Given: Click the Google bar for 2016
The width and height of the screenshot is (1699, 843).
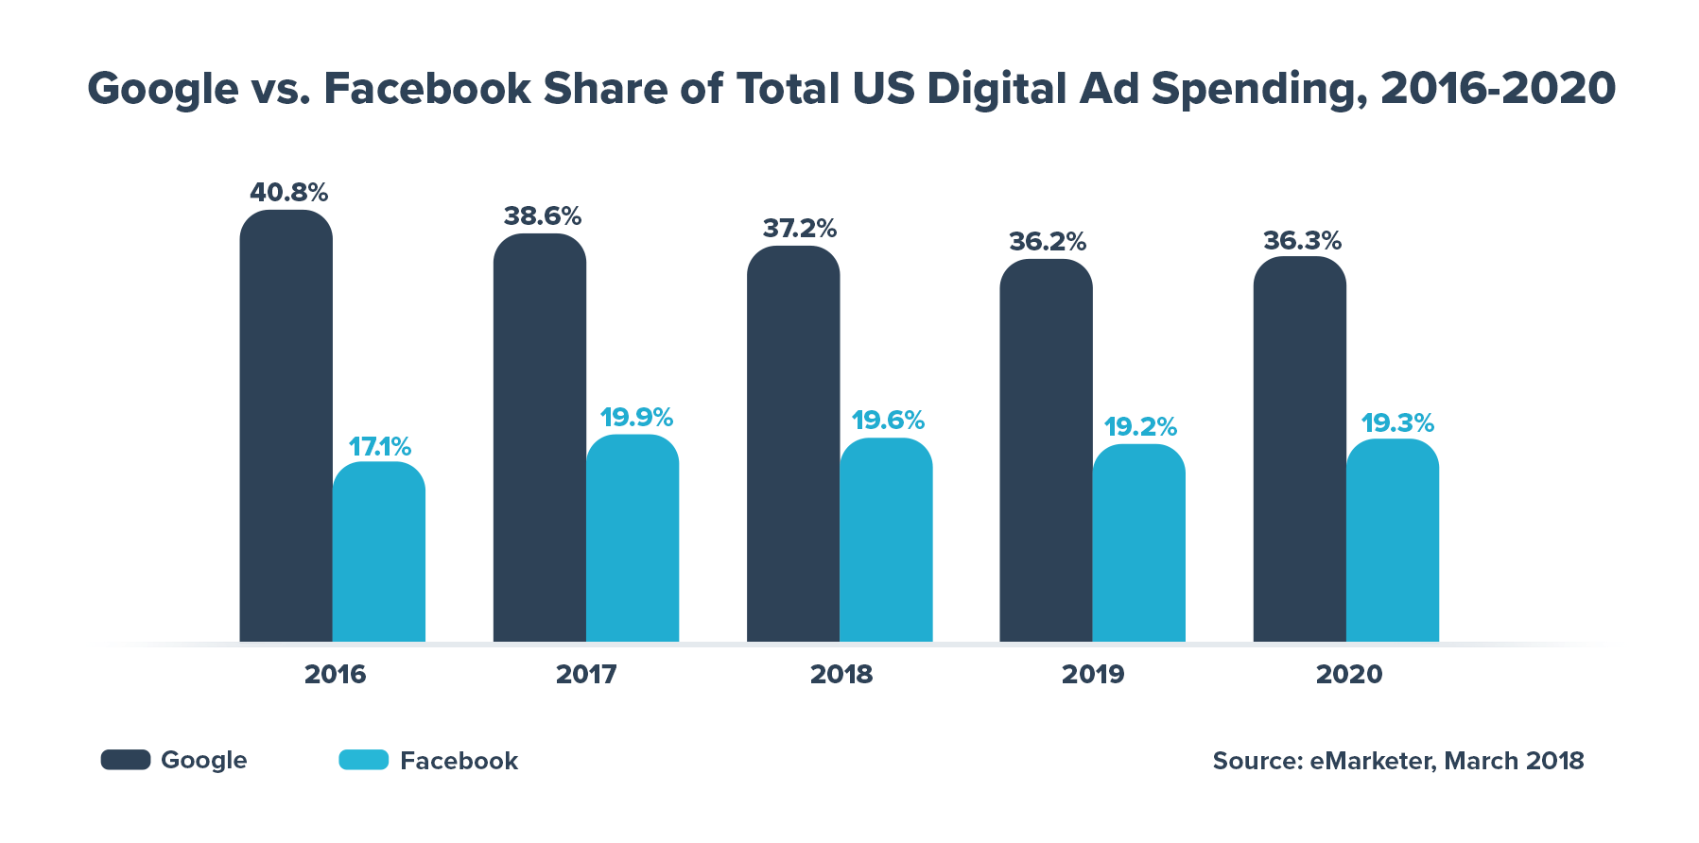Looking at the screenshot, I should [x=286, y=425].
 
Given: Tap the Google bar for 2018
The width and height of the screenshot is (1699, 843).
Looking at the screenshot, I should [x=793, y=443].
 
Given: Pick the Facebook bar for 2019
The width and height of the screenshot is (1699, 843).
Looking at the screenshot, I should [x=1138, y=542].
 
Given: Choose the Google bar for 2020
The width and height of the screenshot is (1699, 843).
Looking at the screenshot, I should [x=1299, y=449].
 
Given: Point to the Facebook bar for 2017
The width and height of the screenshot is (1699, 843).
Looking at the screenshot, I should [x=633, y=538].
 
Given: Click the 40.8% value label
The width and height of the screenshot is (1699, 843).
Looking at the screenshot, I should [x=288, y=193].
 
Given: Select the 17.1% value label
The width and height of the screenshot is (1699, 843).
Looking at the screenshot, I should [x=380, y=446].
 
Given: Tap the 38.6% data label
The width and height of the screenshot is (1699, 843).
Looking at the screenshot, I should [x=542, y=216].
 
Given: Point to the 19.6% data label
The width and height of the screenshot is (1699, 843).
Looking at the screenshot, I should [x=888, y=420].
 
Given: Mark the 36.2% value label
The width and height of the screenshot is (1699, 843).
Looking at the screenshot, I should [x=1048, y=242].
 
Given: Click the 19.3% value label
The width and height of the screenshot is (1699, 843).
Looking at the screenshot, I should [x=1397, y=422].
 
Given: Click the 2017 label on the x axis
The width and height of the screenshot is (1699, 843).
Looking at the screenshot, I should [x=586, y=674].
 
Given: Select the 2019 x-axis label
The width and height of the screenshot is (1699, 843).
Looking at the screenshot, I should [x=1093, y=674].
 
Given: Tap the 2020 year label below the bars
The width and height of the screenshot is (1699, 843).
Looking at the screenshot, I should [x=1349, y=674].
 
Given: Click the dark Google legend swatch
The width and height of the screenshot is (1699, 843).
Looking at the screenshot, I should [x=126, y=760].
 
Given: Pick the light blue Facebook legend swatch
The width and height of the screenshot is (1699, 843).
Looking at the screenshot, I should [x=364, y=760].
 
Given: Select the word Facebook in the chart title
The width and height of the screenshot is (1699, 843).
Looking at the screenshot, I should [x=427, y=89].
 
